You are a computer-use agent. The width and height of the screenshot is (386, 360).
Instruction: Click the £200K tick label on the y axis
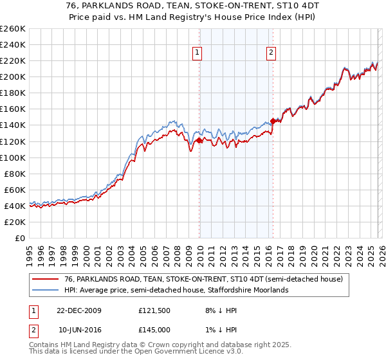[13, 76]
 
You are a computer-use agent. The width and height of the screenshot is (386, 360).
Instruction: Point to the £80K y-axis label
[15, 174]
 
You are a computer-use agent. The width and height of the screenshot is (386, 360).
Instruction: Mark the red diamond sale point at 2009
[199, 140]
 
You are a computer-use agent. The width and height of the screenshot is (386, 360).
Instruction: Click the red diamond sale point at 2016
[273, 121]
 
